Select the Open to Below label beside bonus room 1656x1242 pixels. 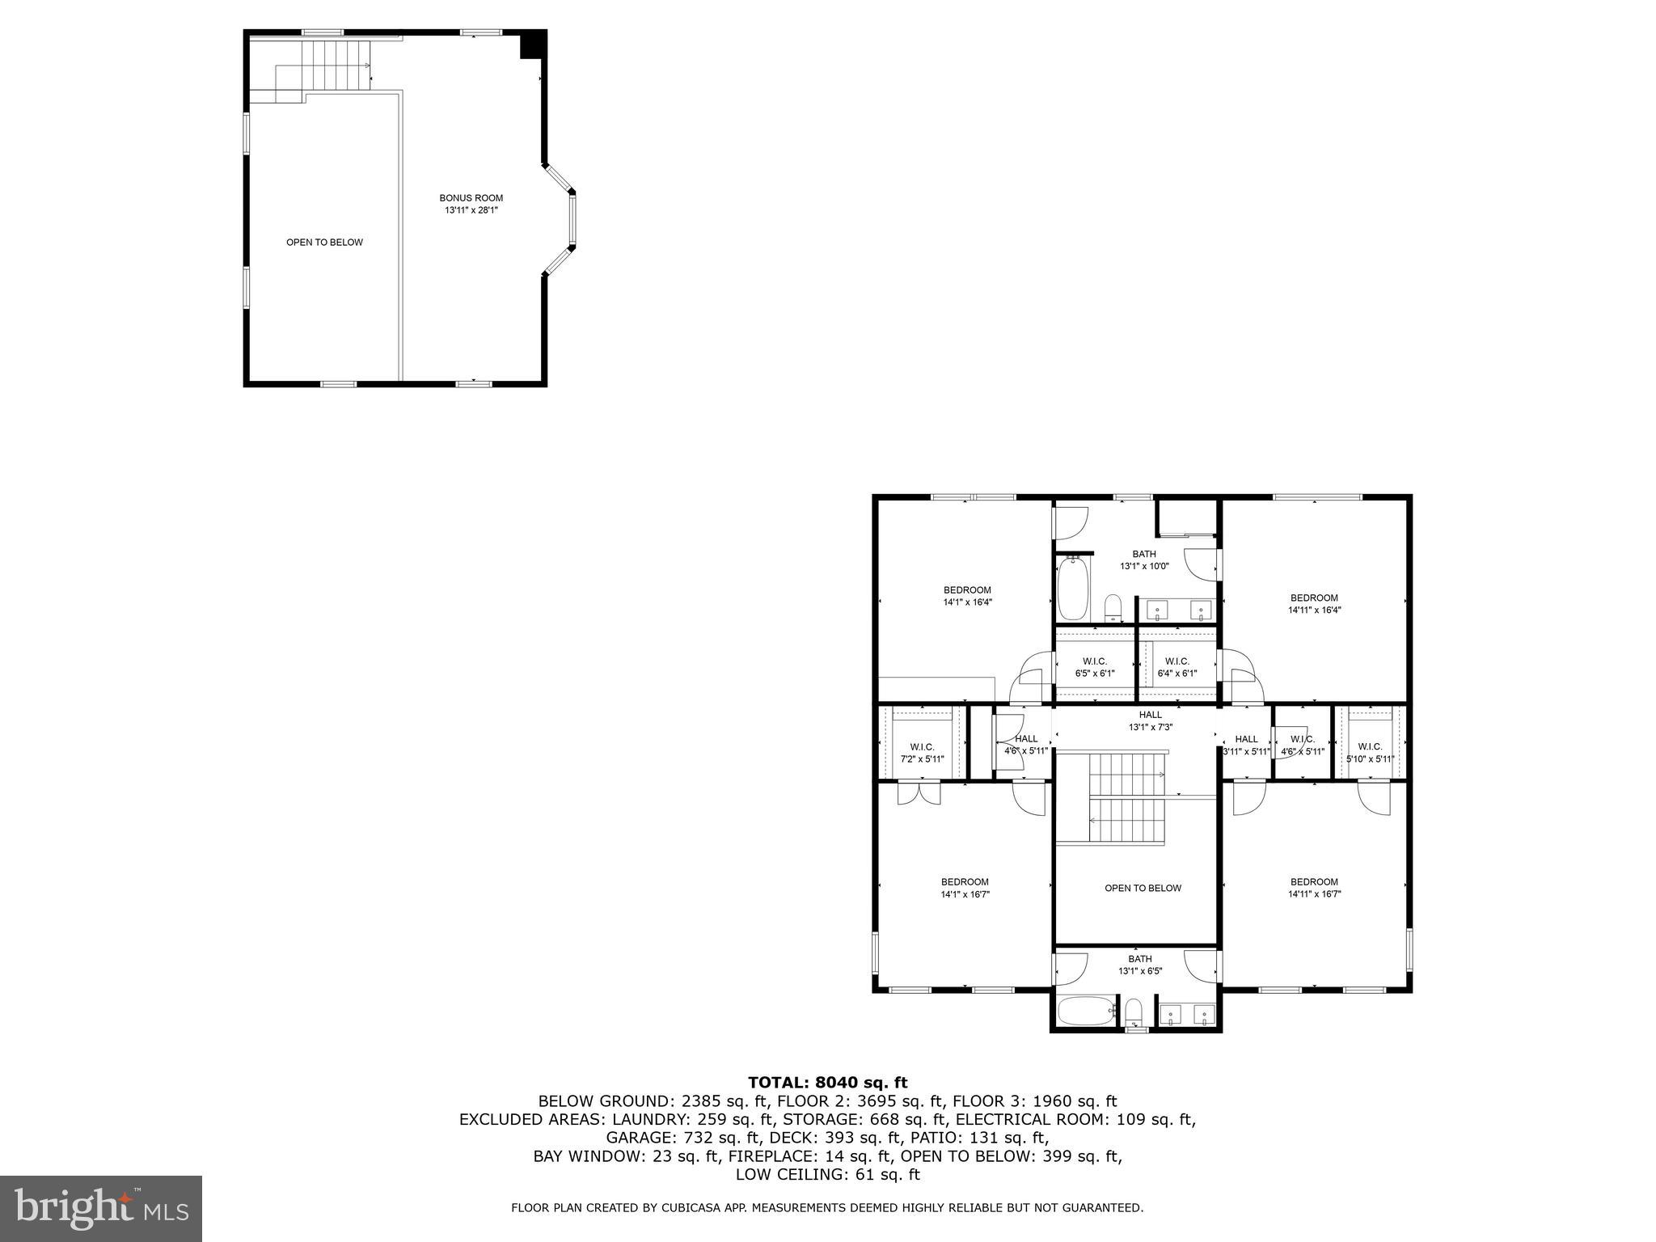point(324,243)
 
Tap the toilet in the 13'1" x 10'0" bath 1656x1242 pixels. point(1113,607)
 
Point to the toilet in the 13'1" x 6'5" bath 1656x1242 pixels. point(1134,1012)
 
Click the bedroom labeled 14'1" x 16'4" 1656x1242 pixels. point(966,596)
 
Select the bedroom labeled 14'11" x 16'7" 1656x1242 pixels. point(1313,888)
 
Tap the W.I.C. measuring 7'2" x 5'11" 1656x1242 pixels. point(922,752)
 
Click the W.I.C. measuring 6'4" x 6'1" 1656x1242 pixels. point(1177,667)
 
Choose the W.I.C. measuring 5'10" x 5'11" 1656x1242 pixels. point(1369,752)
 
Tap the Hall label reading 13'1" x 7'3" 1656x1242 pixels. point(1150,720)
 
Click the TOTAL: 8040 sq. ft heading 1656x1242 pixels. point(827,1082)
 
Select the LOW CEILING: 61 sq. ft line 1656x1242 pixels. point(827,1174)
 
